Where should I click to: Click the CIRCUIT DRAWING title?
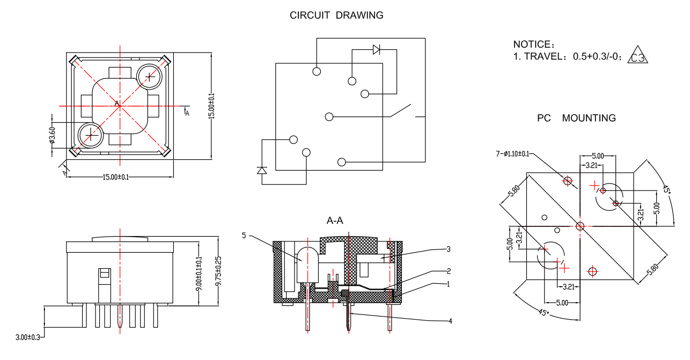point(336,15)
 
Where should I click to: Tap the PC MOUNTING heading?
point(576,118)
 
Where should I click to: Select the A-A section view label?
point(335,221)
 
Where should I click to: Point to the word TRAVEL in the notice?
point(542,56)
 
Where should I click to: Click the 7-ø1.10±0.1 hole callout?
point(512,154)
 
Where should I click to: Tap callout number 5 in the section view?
point(244,236)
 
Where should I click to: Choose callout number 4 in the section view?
point(450,321)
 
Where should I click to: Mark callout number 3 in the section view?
point(449,249)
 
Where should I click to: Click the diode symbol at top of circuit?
point(376,50)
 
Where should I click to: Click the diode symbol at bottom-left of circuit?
point(262,170)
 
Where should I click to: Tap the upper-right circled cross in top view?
point(150,77)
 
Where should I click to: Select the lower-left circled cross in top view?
point(90,136)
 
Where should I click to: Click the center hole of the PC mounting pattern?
point(579,226)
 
